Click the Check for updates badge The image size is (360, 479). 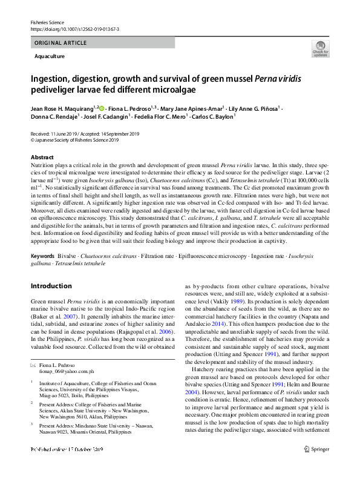319,49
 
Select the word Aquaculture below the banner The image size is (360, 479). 50,56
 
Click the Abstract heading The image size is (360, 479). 43,157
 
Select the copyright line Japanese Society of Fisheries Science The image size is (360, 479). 90,140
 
